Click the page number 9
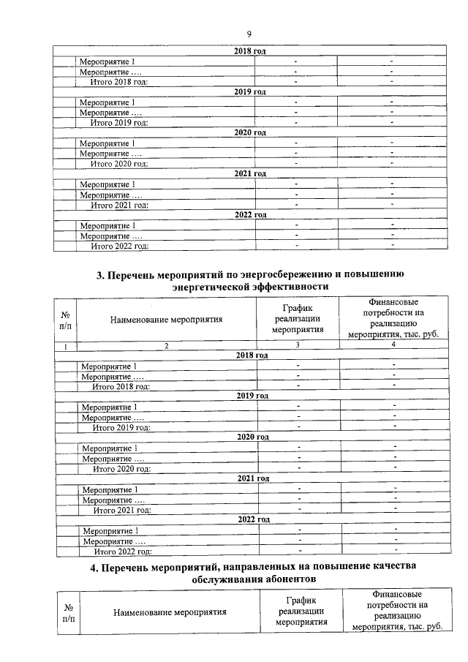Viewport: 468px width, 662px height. coord(249,34)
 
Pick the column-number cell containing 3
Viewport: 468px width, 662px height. coord(298,345)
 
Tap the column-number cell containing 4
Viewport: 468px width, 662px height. coord(393,345)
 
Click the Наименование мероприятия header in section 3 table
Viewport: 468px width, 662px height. coord(166,320)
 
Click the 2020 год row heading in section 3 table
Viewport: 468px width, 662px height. coord(253,437)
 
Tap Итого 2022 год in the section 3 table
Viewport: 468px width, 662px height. coord(121,552)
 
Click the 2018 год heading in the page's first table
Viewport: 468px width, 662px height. coord(249,51)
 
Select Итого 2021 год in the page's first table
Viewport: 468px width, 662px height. coord(119,205)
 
